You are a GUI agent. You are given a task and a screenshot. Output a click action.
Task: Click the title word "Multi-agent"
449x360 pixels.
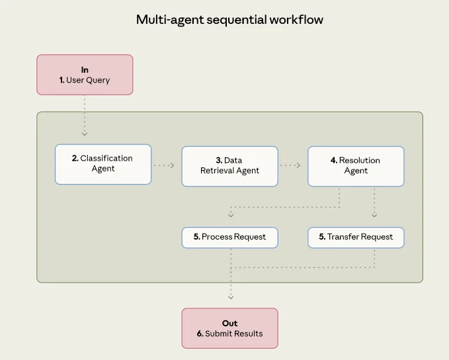170,20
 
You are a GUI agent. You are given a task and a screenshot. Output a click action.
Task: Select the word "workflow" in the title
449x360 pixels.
296,19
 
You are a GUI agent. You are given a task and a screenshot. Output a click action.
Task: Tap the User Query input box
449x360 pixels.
85,75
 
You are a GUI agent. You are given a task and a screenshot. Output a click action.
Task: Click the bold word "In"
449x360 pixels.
85,69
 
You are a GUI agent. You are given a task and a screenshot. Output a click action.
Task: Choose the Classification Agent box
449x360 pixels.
103,164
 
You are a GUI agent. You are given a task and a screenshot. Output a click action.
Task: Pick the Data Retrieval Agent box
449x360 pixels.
229,166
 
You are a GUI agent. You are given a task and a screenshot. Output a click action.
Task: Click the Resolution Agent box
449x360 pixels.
356,166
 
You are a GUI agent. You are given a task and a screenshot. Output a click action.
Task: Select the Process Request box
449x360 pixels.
229,238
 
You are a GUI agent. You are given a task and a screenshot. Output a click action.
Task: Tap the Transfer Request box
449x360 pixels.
356,238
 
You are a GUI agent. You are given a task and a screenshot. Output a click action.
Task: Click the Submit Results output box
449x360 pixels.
229,328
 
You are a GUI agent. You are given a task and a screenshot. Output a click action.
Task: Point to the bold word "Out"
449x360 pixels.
229,324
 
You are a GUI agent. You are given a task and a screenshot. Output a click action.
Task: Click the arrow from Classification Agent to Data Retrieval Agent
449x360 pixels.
164,165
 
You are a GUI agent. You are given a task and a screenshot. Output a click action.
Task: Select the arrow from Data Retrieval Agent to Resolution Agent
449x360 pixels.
290,165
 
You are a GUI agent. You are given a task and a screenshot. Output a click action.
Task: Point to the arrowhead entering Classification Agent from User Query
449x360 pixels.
85,134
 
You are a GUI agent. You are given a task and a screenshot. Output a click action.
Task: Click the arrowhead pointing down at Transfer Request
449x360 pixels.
374,215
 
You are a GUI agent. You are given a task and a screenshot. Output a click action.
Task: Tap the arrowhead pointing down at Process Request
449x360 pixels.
231,215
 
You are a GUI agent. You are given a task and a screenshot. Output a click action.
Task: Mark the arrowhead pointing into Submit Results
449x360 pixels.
231,297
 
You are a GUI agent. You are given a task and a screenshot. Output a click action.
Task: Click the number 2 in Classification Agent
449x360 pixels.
75,159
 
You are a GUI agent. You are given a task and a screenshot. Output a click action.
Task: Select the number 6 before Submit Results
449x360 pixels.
200,334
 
